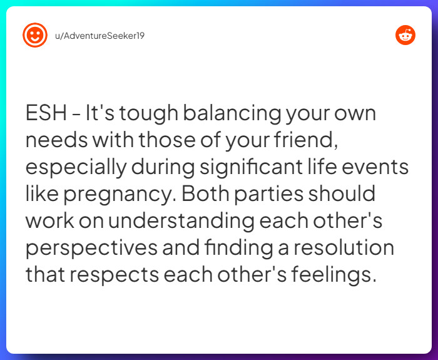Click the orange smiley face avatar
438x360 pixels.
click(x=35, y=35)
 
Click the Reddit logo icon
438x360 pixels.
click(x=405, y=35)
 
